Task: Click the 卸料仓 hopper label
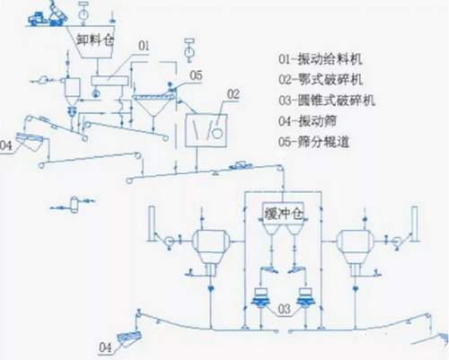[x=95, y=40]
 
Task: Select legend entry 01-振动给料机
[x=320, y=59]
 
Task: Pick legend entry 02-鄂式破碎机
[x=321, y=80]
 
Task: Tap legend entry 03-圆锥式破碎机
[x=327, y=101]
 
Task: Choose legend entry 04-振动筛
[x=307, y=121]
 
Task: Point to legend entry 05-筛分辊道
[x=314, y=142]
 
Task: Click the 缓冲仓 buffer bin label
[x=284, y=214]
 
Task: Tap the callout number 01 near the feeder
[x=144, y=46]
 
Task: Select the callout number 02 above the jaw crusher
[x=233, y=94]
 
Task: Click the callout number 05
[x=197, y=75]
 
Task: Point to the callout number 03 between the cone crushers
[x=284, y=310]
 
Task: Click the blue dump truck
[x=38, y=18]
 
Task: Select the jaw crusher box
[x=206, y=130]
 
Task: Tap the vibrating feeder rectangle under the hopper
[x=110, y=81]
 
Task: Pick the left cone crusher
[x=261, y=297]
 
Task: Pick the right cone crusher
[x=305, y=297]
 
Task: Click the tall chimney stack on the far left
[x=151, y=224]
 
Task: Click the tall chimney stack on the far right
[x=415, y=224]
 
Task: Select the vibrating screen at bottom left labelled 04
[x=129, y=338]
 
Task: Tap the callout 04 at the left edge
[x=5, y=146]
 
